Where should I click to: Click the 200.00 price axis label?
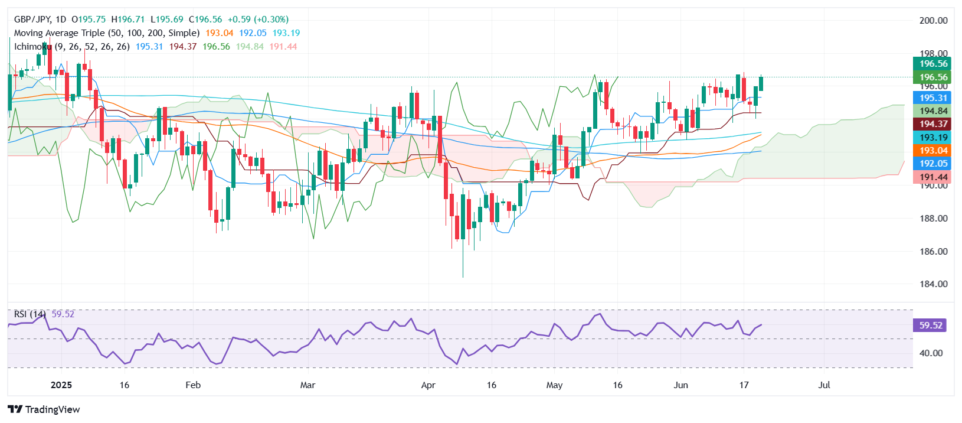point(933,20)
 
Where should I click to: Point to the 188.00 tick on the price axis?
point(933,218)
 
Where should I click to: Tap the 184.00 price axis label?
point(933,284)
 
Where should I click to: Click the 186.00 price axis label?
point(933,251)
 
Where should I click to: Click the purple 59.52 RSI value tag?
point(930,326)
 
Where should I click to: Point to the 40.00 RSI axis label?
point(931,353)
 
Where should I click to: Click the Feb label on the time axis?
point(193,385)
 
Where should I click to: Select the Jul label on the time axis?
point(824,385)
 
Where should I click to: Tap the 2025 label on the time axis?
point(61,385)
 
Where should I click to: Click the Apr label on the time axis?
point(428,385)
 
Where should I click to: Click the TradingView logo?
point(44,409)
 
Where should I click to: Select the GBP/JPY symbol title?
point(33,19)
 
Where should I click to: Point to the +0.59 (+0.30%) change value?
point(256,19)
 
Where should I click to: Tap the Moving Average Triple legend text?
point(106,33)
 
